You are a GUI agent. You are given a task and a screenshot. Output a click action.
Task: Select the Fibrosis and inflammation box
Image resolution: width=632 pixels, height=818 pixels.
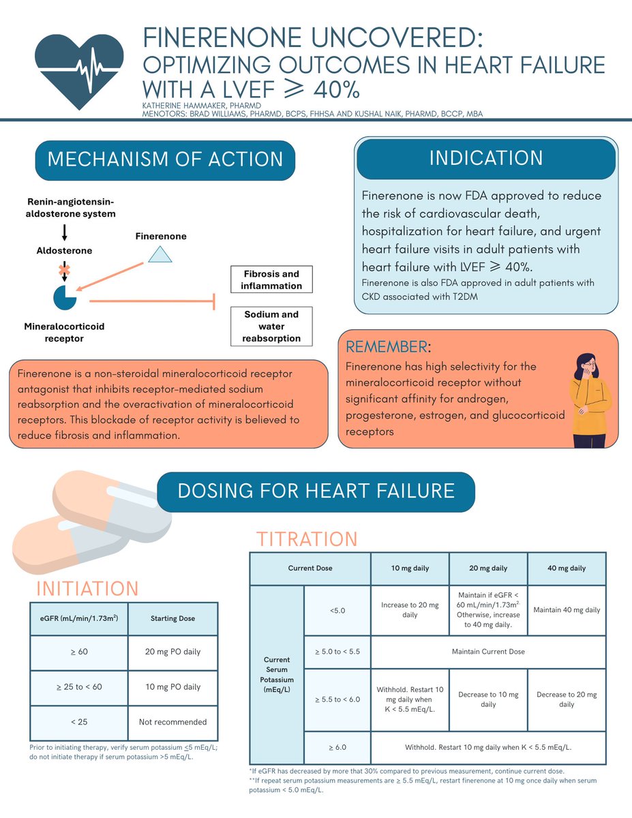tap(271, 279)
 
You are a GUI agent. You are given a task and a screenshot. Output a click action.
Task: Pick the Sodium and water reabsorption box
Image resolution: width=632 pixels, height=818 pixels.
tap(271, 327)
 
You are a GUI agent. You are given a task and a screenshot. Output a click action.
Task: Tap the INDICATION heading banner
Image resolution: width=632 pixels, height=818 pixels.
tap(486, 158)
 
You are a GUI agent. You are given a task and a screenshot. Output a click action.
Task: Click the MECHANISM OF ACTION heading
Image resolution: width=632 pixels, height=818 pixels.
tap(165, 160)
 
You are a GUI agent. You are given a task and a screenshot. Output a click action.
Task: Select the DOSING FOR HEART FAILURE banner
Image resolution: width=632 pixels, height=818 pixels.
tap(316, 491)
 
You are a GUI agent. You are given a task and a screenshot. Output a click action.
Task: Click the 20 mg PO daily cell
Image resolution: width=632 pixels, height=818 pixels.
tap(172, 652)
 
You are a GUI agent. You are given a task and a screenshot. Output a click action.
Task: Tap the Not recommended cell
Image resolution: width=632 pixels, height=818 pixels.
tap(172, 721)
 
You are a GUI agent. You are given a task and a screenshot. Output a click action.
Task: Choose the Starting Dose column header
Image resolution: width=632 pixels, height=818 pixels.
tap(172, 618)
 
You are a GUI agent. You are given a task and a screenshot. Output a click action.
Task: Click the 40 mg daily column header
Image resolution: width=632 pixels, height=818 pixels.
tap(567, 568)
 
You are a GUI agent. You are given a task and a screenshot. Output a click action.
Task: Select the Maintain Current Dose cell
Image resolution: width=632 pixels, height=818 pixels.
tap(488, 651)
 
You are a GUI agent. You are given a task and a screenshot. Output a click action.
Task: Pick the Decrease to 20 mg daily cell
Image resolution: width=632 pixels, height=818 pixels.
tap(567, 699)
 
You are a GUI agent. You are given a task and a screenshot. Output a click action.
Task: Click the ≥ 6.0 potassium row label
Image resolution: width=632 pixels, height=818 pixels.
tap(337, 747)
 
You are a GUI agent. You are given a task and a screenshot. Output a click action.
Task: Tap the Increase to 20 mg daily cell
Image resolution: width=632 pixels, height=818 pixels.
tap(410, 609)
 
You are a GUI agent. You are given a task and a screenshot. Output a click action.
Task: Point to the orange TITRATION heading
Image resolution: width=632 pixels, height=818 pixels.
tap(307, 539)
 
